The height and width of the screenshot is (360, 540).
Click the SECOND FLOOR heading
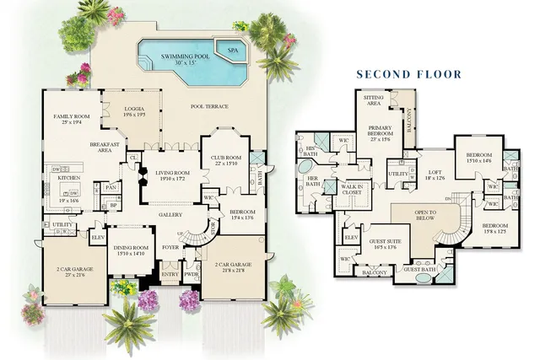pyautogui.click(x=408, y=74)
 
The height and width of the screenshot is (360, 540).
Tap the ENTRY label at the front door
pyautogui.click(x=170, y=275)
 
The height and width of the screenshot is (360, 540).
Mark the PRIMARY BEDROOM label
pyautogui.click(x=381, y=136)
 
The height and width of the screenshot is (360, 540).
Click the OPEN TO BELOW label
pyautogui.click(x=430, y=215)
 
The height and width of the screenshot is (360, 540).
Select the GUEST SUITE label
pyautogui.click(x=384, y=243)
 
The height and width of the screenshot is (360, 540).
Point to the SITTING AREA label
pyautogui.click(x=373, y=101)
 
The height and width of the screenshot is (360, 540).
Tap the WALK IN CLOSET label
pyautogui.click(x=353, y=189)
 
